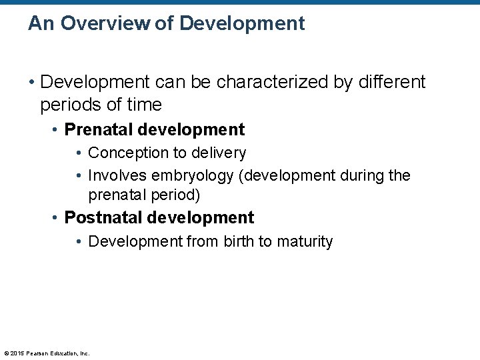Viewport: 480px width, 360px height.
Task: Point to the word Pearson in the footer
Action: coord(39,353)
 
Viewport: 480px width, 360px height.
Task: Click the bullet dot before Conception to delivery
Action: coord(79,153)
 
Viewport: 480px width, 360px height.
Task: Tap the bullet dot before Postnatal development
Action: coord(56,218)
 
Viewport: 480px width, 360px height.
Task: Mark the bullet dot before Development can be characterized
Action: coord(31,83)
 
